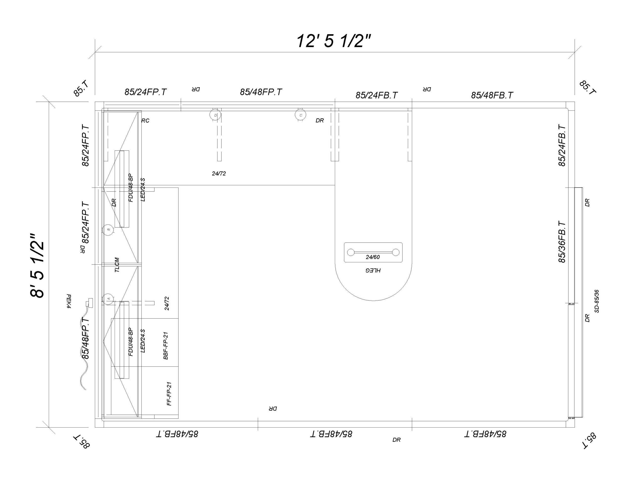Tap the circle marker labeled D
(215, 115)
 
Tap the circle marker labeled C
(300, 115)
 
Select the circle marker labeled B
(108, 229)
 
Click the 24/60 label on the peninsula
(372, 257)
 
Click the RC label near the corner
(145, 121)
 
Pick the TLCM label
(117, 265)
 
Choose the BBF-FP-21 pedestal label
(166, 346)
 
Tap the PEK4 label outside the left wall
(69, 301)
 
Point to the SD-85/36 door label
(597, 301)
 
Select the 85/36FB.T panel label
(562, 242)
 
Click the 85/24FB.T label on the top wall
(376, 95)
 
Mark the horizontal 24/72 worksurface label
(219, 173)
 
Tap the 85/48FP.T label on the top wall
(261, 92)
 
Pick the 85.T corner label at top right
(587, 87)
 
